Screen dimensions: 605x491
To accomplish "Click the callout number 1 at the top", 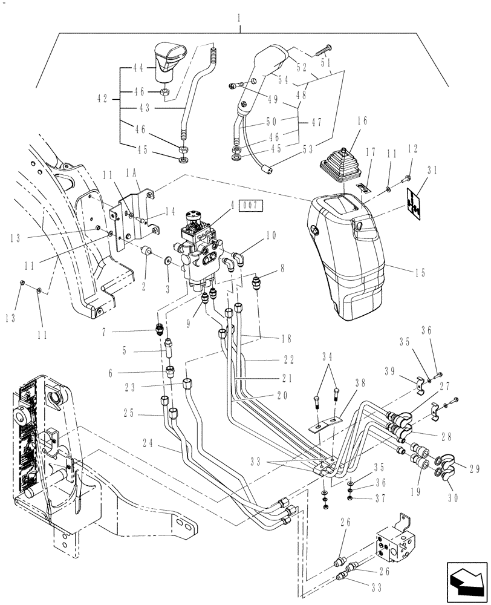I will coord(240,19).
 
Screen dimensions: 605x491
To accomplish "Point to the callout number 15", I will coord(421,272).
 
